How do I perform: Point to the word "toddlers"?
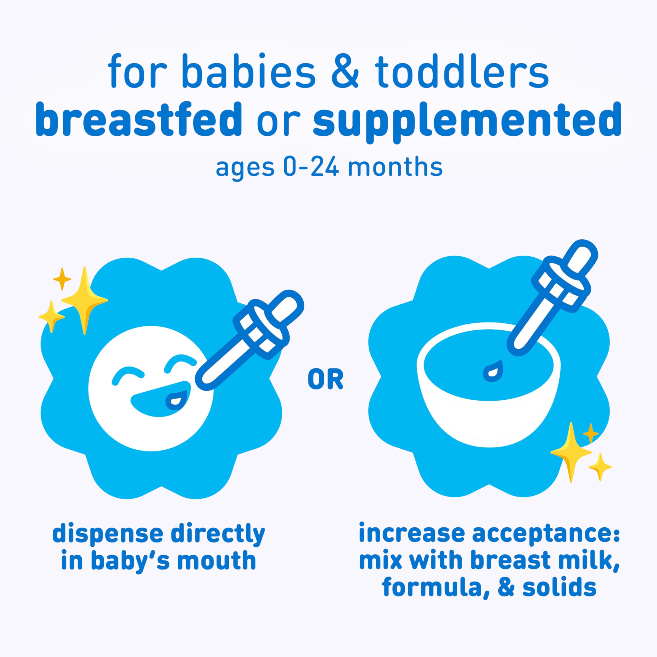(463, 72)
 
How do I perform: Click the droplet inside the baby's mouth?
(176, 401)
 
